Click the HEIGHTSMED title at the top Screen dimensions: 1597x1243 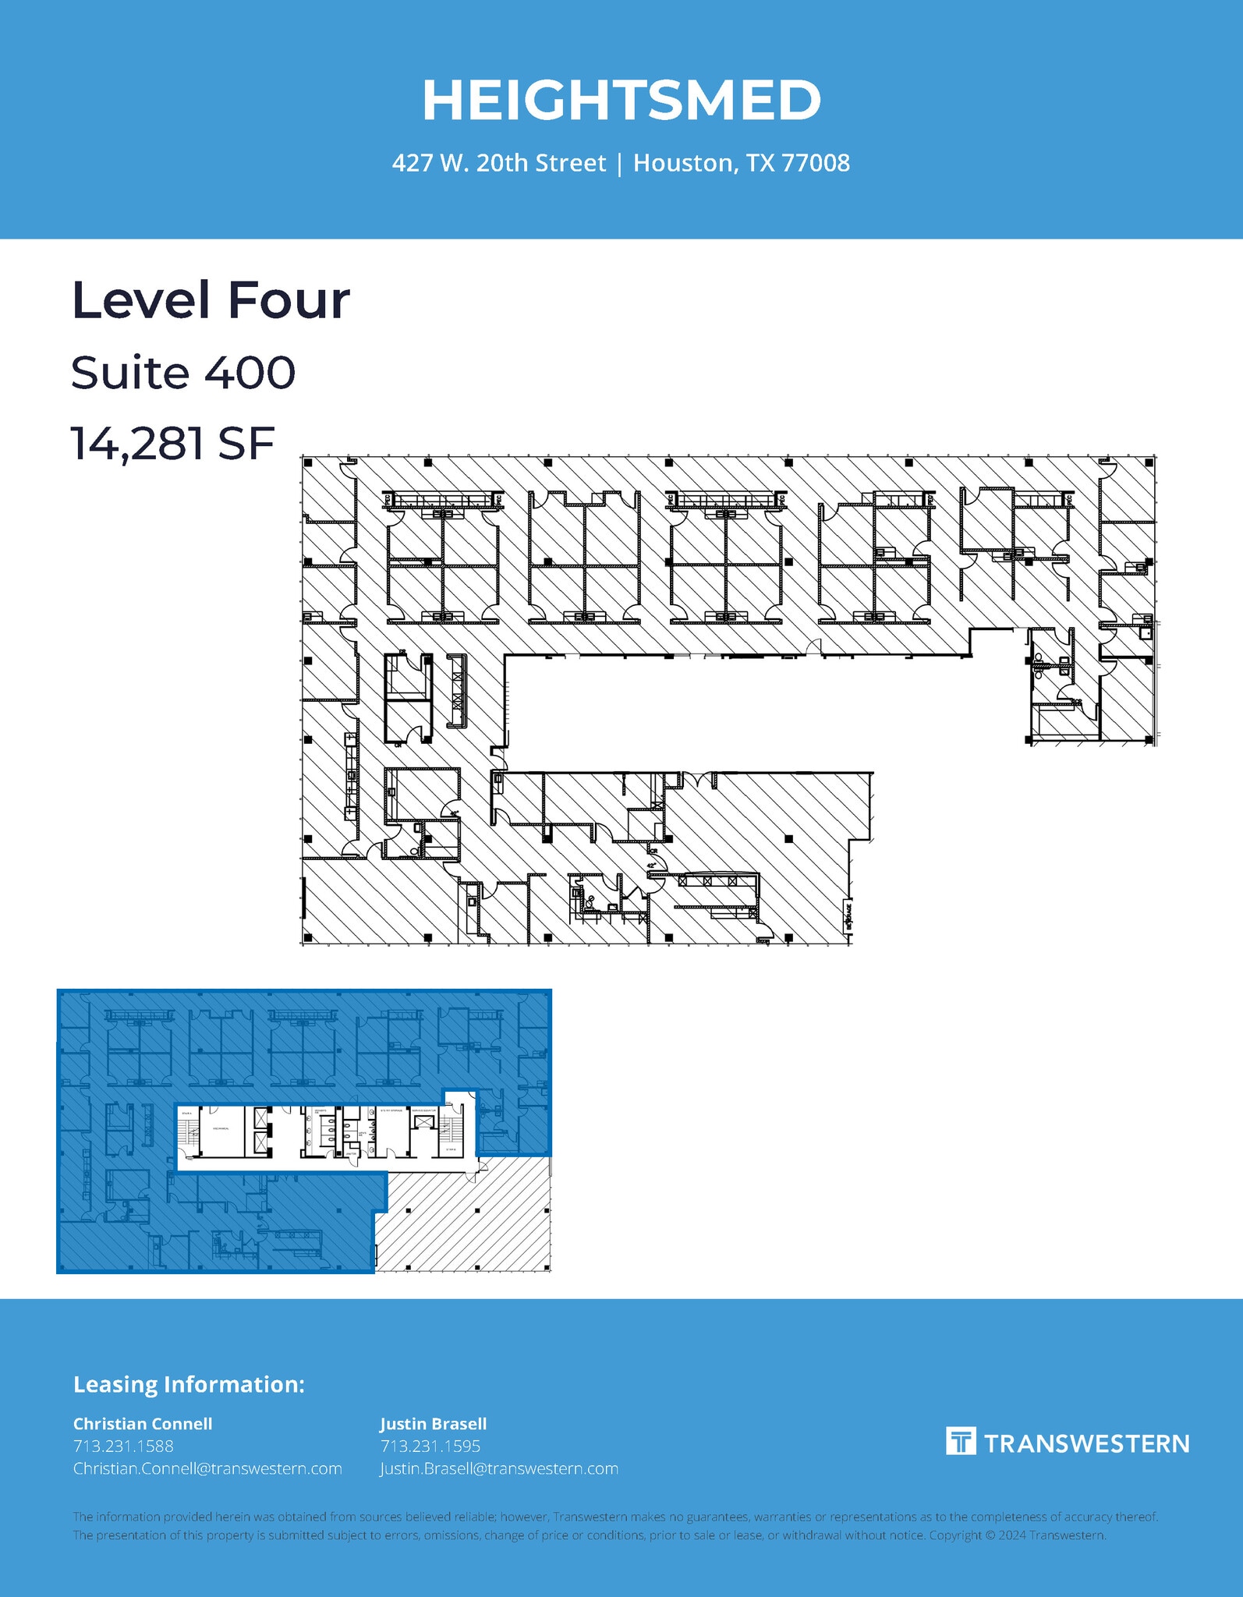[621, 101]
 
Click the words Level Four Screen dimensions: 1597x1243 [211, 300]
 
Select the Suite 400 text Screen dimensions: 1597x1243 [183, 373]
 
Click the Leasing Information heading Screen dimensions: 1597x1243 [189, 1384]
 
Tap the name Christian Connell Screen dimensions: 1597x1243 [143, 1423]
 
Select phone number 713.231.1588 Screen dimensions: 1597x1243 [123, 1446]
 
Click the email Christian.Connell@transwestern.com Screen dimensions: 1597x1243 [207, 1468]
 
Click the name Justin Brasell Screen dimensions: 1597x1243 [433, 1423]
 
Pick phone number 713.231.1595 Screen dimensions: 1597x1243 [430, 1446]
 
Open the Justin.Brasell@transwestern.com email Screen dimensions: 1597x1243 [499, 1468]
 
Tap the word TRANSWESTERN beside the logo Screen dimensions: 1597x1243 [1086, 1443]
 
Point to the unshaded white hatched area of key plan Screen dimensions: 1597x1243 [468, 1224]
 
